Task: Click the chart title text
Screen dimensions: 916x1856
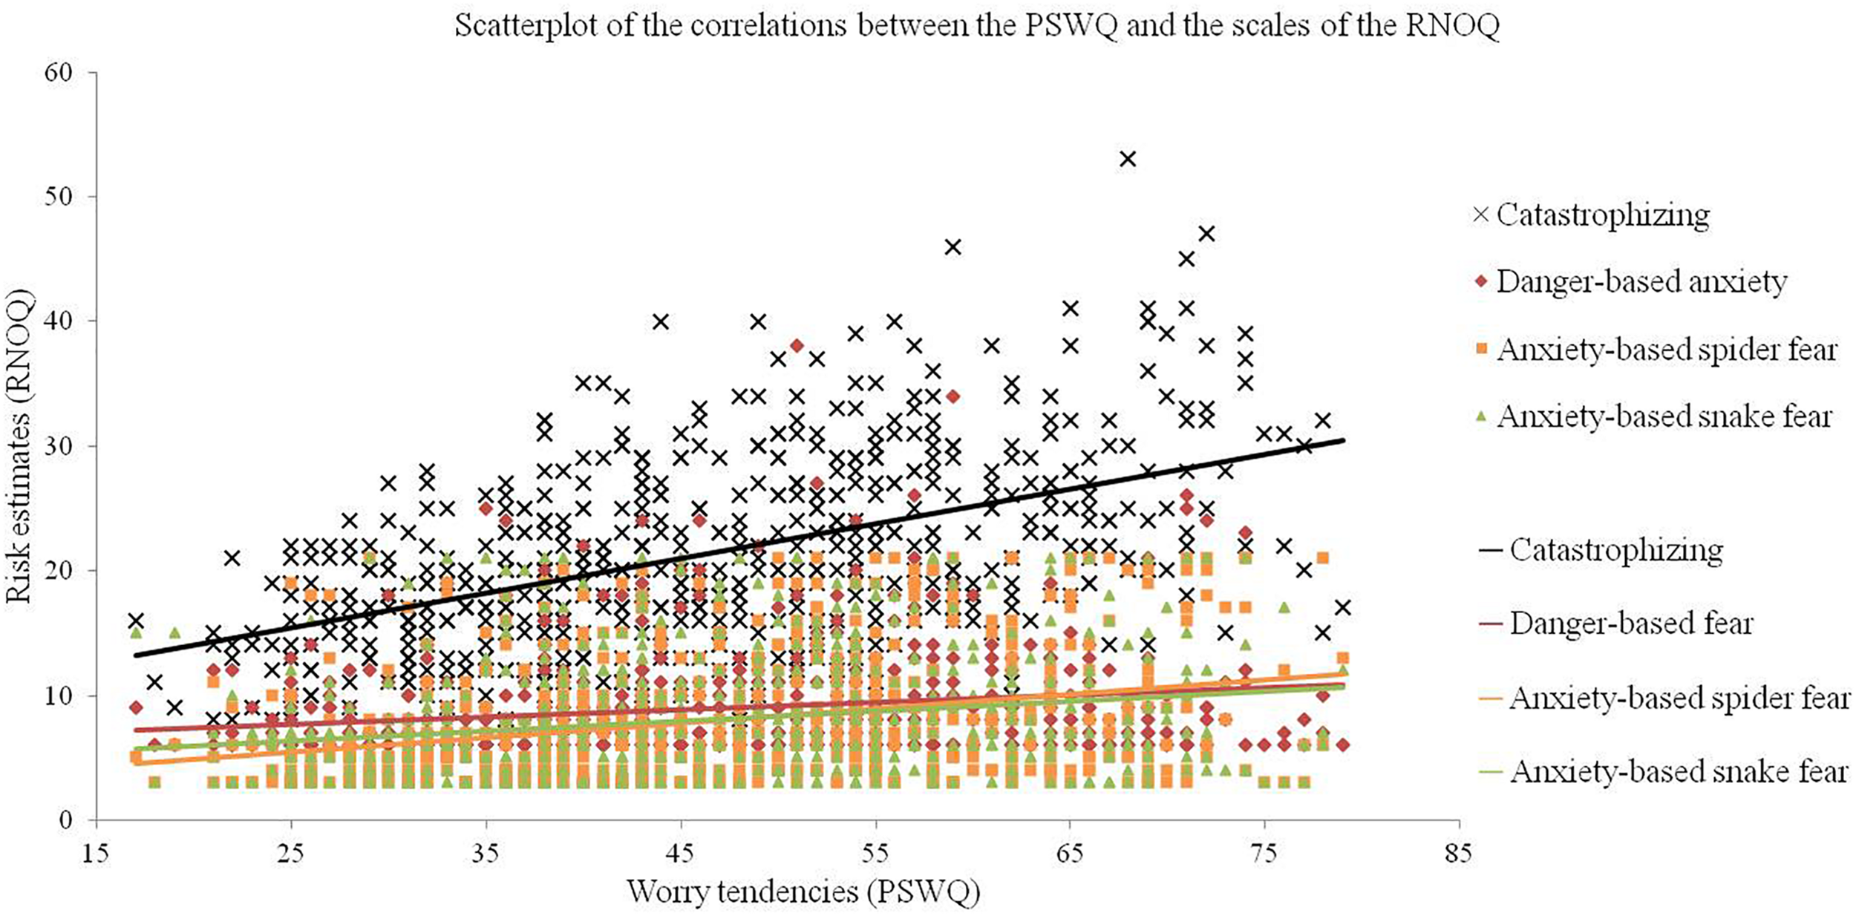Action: [x=977, y=26]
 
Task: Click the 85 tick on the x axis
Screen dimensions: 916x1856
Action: [x=1458, y=854]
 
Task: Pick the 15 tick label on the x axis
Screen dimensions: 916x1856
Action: [x=95, y=854]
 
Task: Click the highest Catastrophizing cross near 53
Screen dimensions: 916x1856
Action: [x=1128, y=159]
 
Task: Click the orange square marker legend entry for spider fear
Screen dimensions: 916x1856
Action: [x=1655, y=350]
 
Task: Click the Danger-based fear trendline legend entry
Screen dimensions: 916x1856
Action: [x=1618, y=624]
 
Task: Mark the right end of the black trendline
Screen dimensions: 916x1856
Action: [x=1344, y=440]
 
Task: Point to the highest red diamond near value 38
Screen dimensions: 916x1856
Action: [x=797, y=345]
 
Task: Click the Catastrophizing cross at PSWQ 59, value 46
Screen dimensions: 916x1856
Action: [x=952, y=247]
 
